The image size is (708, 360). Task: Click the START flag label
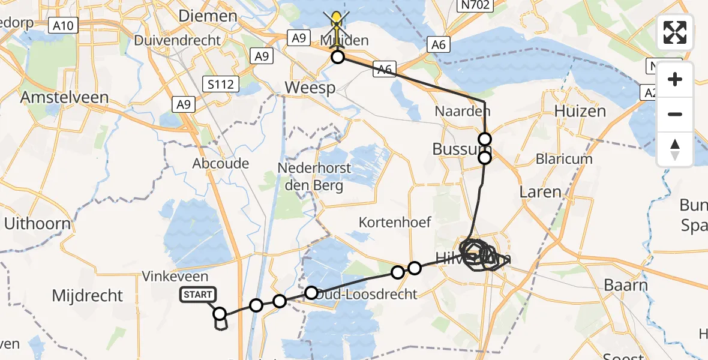[x=198, y=294]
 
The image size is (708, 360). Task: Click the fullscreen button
[x=675, y=32]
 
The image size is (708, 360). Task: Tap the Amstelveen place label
[x=64, y=97]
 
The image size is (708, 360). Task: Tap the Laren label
[x=541, y=192]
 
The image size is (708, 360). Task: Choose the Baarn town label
[x=625, y=285]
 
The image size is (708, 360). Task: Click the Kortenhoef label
[x=395, y=222]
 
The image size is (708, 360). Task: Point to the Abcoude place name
[x=221, y=163]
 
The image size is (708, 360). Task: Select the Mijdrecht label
[x=88, y=295]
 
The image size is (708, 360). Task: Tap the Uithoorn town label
[x=37, y=224]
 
